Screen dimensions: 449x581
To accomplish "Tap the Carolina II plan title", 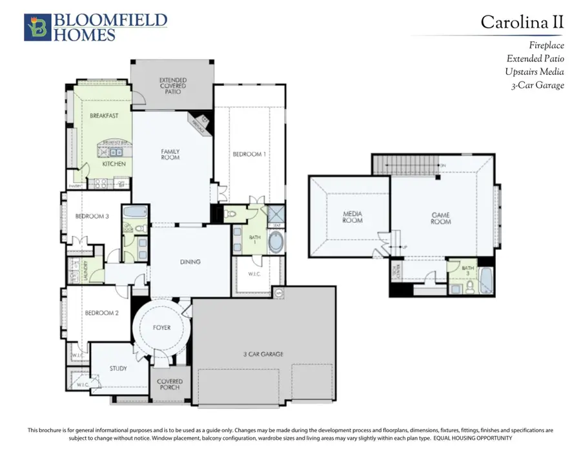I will point(522,22).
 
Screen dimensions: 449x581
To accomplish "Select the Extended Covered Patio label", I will point(172,86).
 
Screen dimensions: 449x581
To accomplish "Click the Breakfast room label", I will point(103,116).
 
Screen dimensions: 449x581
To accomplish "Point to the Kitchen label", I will point(114,164).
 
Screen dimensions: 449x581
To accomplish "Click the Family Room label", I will point(170,154).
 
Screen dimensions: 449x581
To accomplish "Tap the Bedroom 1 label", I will point(249,154).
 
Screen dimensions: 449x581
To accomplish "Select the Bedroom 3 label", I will point(91,216).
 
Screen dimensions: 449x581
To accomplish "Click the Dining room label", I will point(190,262).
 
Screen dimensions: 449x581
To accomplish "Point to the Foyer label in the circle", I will point(161,328).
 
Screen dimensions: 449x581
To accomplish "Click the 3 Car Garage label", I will point(263,354).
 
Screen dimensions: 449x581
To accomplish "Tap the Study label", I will point(118,369).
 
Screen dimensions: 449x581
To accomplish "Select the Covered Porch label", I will point(170,384).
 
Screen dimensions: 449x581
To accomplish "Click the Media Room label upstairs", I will point(352,217).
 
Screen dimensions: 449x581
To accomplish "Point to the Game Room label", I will point(441,218).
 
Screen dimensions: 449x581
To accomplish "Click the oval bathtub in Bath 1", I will point(275,243).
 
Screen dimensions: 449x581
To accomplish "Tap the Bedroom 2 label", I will point(101,313).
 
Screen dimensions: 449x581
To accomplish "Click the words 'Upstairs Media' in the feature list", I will point(535,72).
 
